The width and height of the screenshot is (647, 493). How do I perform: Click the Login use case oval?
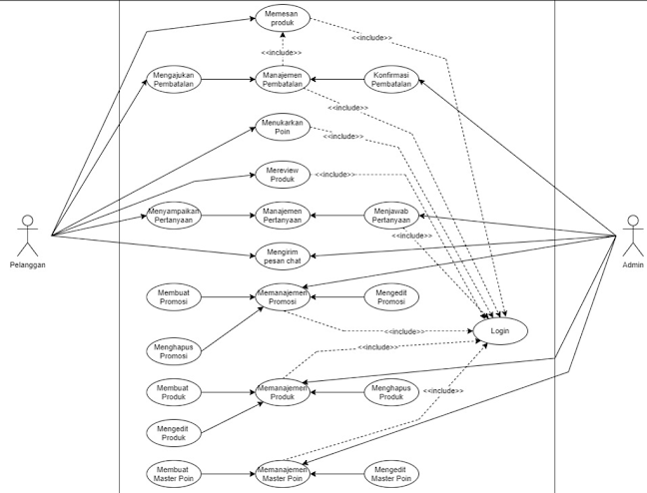(499, 329)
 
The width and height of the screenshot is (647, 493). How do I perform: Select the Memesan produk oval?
(283, 18)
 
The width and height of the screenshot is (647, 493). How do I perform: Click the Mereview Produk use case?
(283, 174)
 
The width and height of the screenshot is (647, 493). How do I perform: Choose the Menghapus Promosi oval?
(174, 350)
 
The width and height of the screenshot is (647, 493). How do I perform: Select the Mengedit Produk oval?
(174, 432)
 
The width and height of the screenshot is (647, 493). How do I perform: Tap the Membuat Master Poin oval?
(174, 473)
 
